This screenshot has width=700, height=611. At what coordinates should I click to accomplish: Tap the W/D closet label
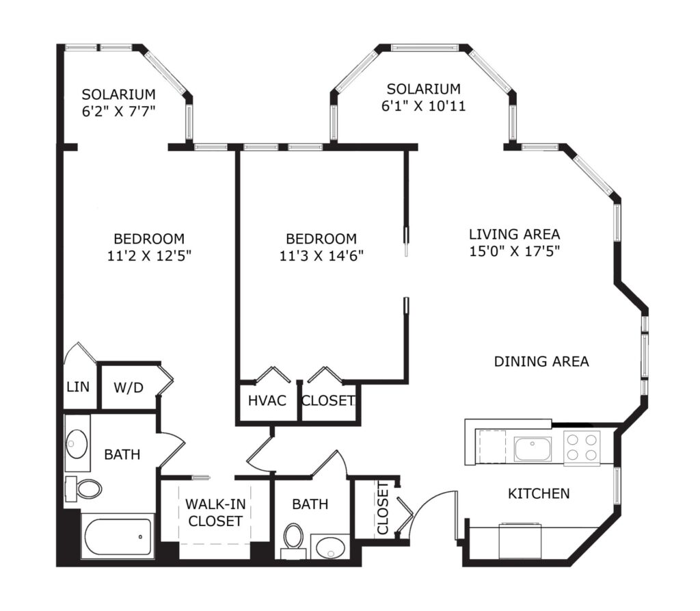(129, 387)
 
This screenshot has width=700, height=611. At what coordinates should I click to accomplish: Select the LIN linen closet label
(78, 387)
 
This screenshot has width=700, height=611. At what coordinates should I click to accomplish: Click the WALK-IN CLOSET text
(215, 512)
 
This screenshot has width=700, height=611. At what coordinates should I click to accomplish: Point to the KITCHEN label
(539, 493)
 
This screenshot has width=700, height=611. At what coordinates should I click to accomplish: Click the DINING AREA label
(541, 361)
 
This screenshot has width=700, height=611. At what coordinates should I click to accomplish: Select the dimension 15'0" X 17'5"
(515, 250)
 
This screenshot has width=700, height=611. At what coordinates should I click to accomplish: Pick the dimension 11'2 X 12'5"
(148, 256)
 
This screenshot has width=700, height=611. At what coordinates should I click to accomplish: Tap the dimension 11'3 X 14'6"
(321, 256)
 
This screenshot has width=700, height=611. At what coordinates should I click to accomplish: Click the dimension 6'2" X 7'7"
(119, 112)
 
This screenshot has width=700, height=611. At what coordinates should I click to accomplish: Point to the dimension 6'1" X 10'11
(424, 106)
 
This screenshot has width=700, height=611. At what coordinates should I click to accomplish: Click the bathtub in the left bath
(118, 536)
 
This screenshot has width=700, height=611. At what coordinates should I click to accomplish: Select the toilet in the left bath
(85, 489)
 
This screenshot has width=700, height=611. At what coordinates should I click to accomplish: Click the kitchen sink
(533, 449)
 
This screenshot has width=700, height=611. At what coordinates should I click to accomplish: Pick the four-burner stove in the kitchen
(582, 447)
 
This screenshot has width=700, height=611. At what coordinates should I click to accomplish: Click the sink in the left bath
(77, 444)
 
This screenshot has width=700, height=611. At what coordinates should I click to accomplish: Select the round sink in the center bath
(331, 547)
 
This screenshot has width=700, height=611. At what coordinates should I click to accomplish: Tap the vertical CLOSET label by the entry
(383, 509)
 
